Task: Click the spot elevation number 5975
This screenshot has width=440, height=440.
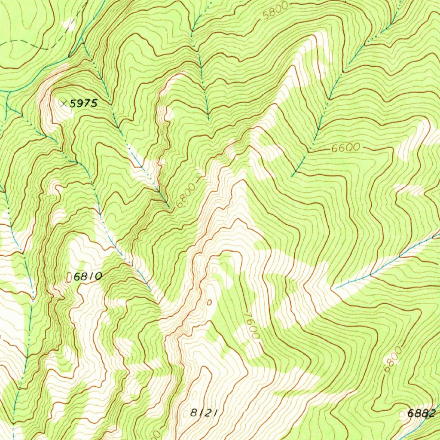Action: tap(84, 103)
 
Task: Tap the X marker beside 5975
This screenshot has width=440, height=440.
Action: tap(64, 103)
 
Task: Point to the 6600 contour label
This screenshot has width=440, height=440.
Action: tap(345, 148)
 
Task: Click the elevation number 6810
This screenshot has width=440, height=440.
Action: tap(88, 277)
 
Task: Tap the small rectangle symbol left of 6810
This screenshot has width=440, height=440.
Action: tap(69, 278)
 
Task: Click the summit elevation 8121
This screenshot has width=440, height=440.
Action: tap(202, 413)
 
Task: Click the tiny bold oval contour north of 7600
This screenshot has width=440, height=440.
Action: tap(209, 302)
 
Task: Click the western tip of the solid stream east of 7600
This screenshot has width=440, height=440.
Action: tap(335, 288)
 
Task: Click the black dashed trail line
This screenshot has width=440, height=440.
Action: tap(26, 41)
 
